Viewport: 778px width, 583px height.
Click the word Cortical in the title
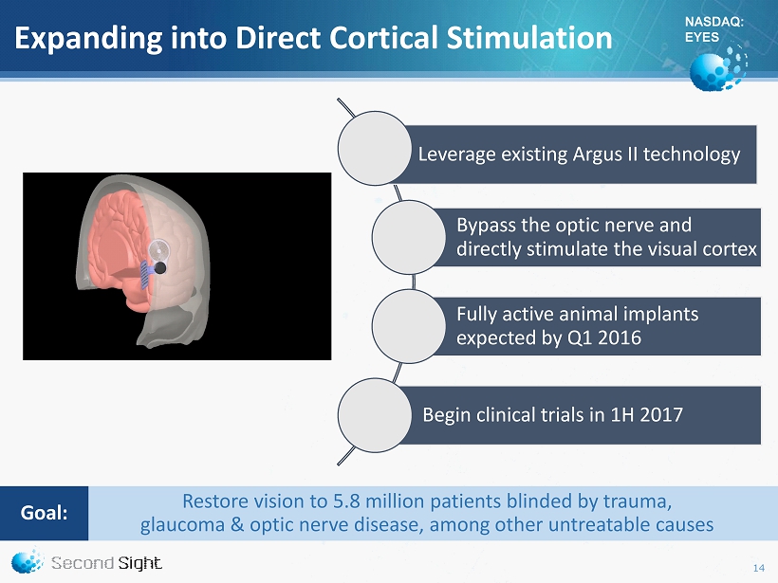tap(383, 38)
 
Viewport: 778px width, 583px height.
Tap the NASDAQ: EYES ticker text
tap(713, 29)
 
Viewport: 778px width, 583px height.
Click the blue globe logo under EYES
tap(718, 69)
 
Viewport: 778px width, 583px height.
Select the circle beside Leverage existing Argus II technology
tap(375, 148)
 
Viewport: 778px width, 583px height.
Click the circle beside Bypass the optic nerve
tap(409, 237)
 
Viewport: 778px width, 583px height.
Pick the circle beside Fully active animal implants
tap(409, 326)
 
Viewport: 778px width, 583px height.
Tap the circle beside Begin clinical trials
tap(375, 415)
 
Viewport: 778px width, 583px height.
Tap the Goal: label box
tap(45, 513)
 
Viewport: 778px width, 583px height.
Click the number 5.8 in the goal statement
tap(346, 501)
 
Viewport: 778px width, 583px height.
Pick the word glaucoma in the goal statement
tap(182, 525)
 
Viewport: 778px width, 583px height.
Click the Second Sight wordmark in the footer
tap(106, 563)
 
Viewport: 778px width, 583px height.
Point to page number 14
tap(759, 568)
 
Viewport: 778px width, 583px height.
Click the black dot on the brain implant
tap(160, 268)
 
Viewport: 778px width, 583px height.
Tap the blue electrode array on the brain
tap(144, 275)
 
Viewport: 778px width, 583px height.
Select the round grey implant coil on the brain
tap(159, 251)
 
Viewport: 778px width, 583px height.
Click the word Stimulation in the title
tap(529, 38)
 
